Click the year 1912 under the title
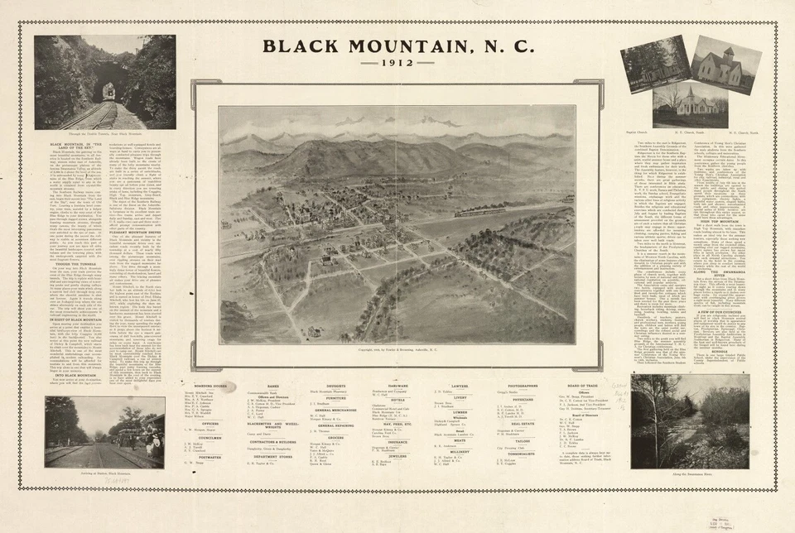click(397, 63)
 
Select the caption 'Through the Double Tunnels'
click(105, 133)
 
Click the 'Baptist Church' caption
click(643, 131)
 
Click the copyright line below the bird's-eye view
click(397, 350)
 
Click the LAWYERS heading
click(460, 386)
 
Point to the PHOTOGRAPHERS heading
click(523, 386)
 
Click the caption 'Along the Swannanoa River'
click(690, 473)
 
